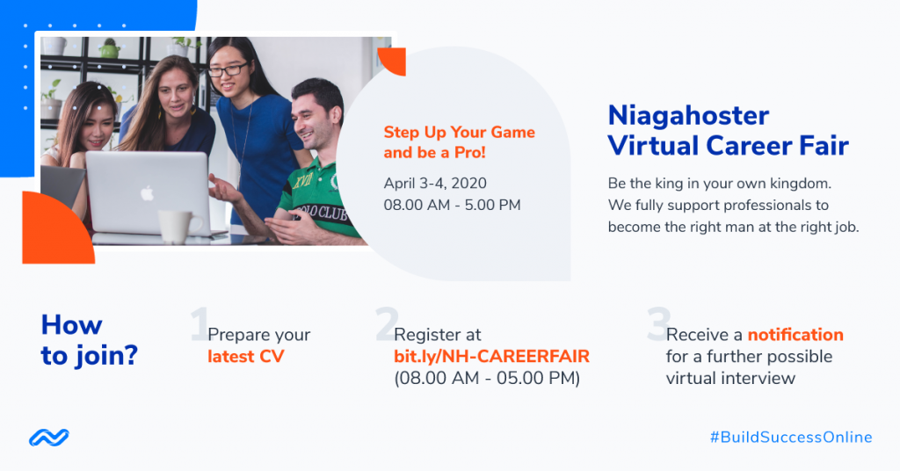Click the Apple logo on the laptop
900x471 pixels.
pyautogui.click(x=148, y=193)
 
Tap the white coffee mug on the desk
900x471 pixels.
pyautogui.click(x=178, y=226)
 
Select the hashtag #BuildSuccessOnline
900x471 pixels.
pyautogui.click(x=791, y=437)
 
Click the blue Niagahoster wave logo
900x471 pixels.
pyautogui.click(x=49, y=438)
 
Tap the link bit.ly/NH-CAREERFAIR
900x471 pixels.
pyautogui.click(x=491, y=356)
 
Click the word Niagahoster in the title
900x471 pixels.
pyautogui.click(x=688, y=116)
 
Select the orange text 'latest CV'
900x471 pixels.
pyautogui.click(x=246, y=356)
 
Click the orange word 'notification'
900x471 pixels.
pyautogui.click(x=795, y=335)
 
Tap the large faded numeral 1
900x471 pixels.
pyautogui.click(x=200, y=324)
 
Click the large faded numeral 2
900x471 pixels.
pyautogui.click(x=387, y=324)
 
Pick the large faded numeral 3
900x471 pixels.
pyautogui.click(x=659, y=324)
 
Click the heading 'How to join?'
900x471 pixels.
pyautogui.click(x=89, y=340)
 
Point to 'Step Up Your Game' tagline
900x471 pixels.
pyautogui.click(x=459, y=132)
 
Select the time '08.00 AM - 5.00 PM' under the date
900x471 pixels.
pyautogui.click(x=453, y=206)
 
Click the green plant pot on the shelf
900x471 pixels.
pyautogui.click(x=109, y=50)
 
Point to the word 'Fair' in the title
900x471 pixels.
pyautogui.click(x=824, y=146)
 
